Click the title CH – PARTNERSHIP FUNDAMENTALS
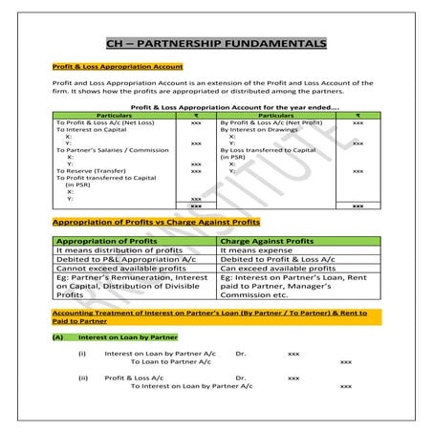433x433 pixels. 215,43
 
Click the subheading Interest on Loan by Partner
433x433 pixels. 125,337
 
